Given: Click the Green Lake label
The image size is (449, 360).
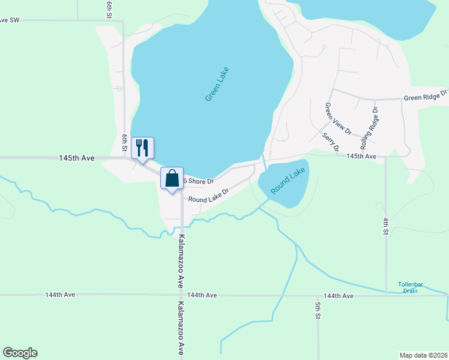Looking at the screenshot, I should pyautogui.click(x=217, y=83).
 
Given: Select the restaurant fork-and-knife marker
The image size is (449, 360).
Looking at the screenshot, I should pyautogui.click(x=142, y=148).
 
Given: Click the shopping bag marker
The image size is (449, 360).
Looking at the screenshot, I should pyautogui.click(x=172, y=178).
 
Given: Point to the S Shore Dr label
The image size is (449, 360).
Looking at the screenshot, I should pyautogui.click(x=198, y=181).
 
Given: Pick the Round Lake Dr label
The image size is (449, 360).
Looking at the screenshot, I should pyautogui.click(x=208, y=196).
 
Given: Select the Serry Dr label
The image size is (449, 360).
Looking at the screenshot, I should pyautogui.click(x=331, y=142).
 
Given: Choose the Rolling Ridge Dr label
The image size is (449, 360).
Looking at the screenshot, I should pyautogui.click(x=369, y=128).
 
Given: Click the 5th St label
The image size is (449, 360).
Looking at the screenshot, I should pyautogui.click(x=318, y=310).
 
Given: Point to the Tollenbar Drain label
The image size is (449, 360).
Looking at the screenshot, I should pyautogui.click(x=410, y=287).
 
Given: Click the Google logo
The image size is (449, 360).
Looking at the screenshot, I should pyautogui.click(x=20, y=353).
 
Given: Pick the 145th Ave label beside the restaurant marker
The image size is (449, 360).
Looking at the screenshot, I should pyautogui.click(x=77, y=158).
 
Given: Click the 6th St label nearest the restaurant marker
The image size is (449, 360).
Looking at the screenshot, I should pyautogui.click(x=125, y=142).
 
